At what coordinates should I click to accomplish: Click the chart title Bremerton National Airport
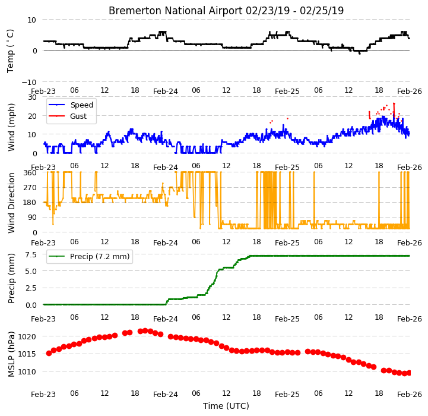(x=175, y=11)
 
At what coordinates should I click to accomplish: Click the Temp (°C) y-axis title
(x=10, y=51)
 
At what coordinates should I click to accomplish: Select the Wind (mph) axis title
(x=11, y=127)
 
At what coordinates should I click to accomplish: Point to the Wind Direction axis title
(x=11, y=203)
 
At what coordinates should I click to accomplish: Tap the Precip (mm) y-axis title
(x=11, y=278)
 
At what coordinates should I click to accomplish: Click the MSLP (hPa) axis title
(x=11, y=354)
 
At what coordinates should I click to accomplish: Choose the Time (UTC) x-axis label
(x=226, y=406)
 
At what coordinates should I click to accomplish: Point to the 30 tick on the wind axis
(x=32, y=97)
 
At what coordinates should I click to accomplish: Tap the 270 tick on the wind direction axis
(x=30, y=188)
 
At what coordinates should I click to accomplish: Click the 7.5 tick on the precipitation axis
(x=31, y=255)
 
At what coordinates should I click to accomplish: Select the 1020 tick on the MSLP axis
(x=27, y=337)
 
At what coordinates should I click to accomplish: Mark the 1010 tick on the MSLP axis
(x=27, y=372)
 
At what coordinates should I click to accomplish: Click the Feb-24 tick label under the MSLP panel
(x=166, y=395)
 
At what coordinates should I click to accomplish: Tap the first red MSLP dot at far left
(x=49, y=354)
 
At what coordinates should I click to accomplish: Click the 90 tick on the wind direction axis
(x=32, y=218)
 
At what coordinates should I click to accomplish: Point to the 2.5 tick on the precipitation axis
(x=31, y=288)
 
